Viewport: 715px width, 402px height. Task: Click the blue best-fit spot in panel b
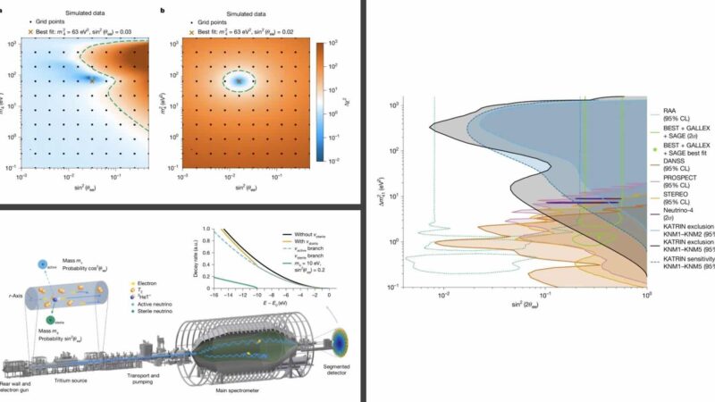point(238,80)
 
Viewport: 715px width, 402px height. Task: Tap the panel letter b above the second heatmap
point(187,10)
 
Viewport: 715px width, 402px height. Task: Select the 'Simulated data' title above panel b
point(251,6)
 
